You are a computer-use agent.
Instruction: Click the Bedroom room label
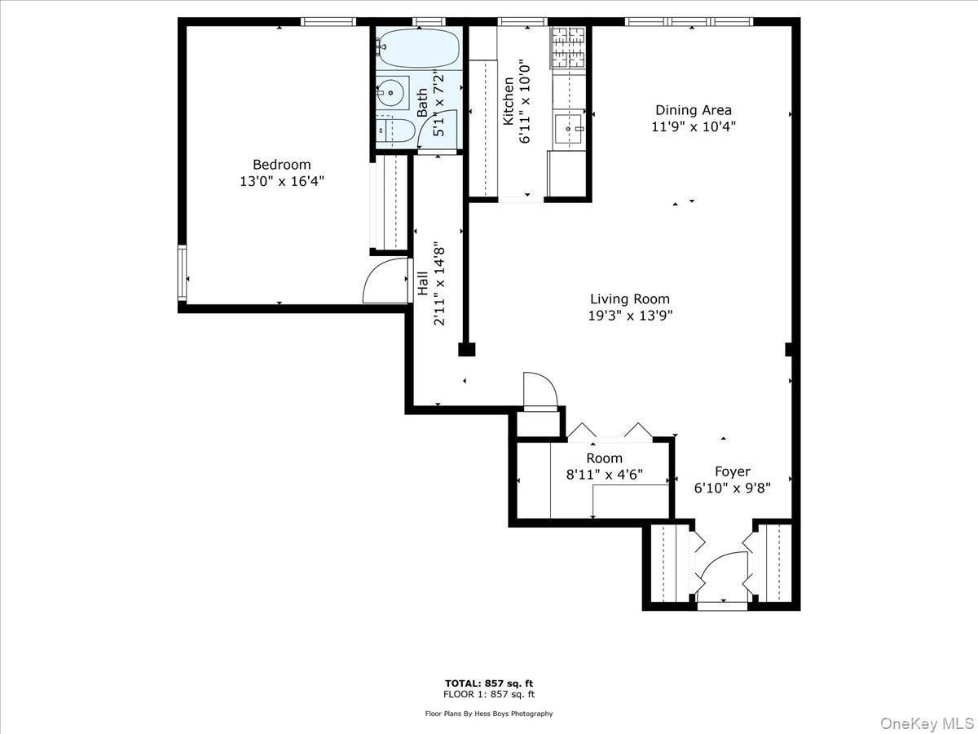click(x=282, y=165)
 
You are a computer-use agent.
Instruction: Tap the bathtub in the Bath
click(x=418, y=48)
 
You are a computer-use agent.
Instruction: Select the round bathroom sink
click(x=390, y=93)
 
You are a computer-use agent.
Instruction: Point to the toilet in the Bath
click(x=395, y=130)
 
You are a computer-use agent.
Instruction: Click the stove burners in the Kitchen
click(x=569, y=47)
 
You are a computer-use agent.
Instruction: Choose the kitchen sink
click(x=569, y=129)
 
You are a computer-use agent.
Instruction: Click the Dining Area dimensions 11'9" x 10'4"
click(x=694, y=127)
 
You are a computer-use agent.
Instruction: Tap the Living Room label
click(x=630, y=299)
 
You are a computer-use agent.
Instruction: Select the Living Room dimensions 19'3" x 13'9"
click(x=630, y=316)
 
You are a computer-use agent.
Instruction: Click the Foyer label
click(x=733, y=471)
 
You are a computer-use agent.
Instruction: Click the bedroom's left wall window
click(x=182, y=272)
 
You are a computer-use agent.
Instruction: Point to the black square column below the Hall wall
click(x=467, y=349)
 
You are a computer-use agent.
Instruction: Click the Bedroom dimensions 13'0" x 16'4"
click(x=282, y=182)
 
